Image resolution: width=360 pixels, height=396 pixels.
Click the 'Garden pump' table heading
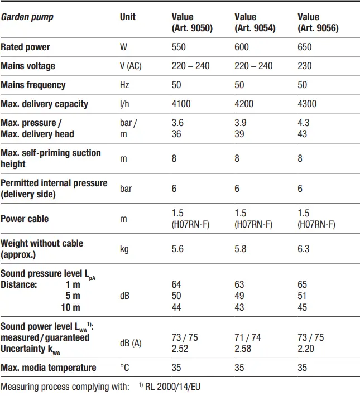(x=27, y=17)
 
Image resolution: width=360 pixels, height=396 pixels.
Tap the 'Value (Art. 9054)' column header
(x=255, y=22)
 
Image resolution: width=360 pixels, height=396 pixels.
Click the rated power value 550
(x=179, y=47)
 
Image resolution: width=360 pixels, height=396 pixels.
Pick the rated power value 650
(x=305, y=47)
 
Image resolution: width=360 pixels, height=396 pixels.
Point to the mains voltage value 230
(x=305, y=66)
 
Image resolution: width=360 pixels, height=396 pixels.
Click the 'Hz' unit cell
(x=124, y=85)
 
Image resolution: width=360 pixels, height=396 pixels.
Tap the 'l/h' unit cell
(x=125, y=104)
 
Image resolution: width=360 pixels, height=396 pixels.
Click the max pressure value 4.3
(x=303, y=123)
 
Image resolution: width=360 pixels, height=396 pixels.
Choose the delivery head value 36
(x=176, y=134)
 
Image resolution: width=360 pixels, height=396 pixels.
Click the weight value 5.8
(x=241, y=249)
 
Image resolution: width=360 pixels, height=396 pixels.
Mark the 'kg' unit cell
(x=125, y=249)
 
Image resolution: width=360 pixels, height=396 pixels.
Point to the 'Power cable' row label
(x=25, y=219)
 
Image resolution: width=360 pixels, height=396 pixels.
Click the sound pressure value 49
(x=239, y=296)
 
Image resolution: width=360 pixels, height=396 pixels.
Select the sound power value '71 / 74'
(x=248, y=337)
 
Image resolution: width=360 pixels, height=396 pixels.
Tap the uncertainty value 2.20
(x=306, y=348)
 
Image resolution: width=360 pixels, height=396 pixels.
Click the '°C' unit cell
(x=125, y=368)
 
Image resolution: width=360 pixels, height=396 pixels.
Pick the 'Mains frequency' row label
(x=33, y=85)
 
